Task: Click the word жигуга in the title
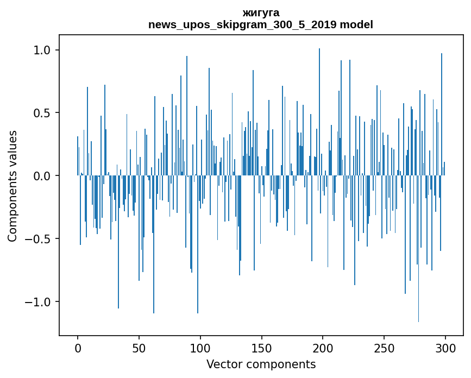click(261, 12)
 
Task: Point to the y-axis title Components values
click(12, 186)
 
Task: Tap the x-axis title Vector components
click(261, 364)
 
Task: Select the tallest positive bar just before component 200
click(319, 109)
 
